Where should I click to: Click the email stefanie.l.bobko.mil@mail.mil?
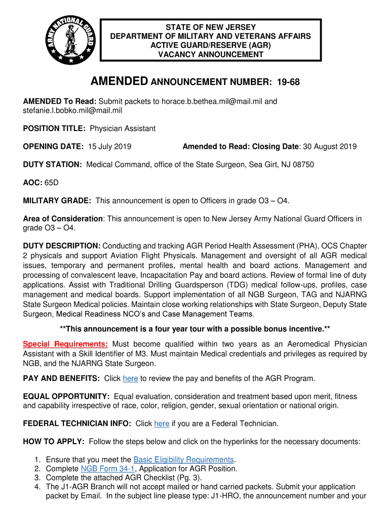click(x=72, y=110)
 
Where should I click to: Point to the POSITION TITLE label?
click(x=54, y=128)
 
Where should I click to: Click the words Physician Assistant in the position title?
click(x=123, y=128)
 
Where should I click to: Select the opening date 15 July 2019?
click(x=110, y=147)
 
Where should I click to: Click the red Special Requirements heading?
click(x=65, y=344)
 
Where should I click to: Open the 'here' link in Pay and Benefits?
click(x=130, y=378)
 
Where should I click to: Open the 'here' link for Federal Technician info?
click(x=162, y=423)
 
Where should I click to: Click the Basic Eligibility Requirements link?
click(x=183, y=460)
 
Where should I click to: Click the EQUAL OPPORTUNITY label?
click(x=66, y=396)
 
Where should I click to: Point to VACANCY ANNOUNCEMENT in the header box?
click(x=211, y=54)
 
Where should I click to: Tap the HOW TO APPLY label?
click(x=54, y=442)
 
